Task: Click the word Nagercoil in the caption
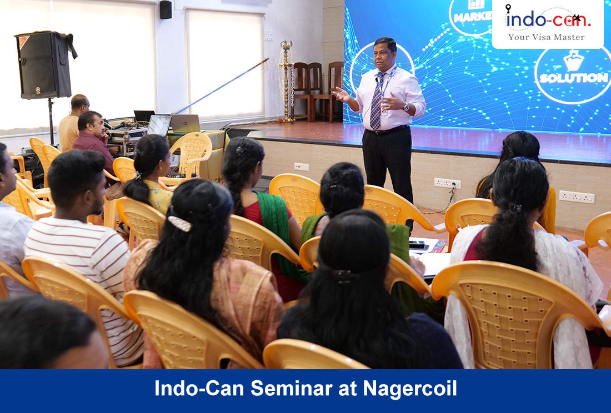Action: (x=409, y=389)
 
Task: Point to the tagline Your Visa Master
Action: (x=547, y=37)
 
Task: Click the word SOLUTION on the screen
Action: (x=574, y=78)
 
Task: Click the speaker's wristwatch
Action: (x=407, y=106)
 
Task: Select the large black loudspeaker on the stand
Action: (x=44, y=64)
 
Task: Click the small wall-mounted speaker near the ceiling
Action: (x=166, y=10)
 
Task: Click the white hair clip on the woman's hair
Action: (x=179, y=224)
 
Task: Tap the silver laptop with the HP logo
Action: (x=185, y=124)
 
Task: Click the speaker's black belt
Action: (x=387, y=130)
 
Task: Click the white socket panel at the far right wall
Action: (x=577, y=197)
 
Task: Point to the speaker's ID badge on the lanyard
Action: (x=384, y=110)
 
